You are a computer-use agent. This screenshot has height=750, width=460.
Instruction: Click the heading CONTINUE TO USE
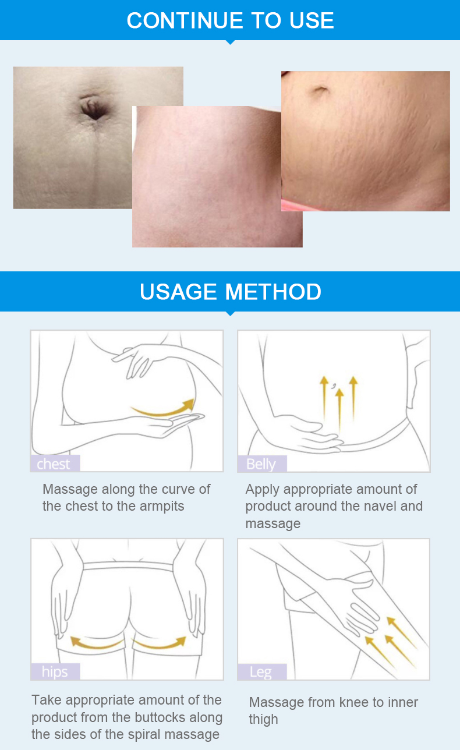click(x=230, y=20)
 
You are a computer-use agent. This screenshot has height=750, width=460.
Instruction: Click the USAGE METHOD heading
click(x=231, y=291)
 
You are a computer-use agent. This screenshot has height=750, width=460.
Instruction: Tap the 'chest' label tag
click(x=55, y=464)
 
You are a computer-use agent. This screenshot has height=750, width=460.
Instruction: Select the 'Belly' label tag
click(x=262, y=464)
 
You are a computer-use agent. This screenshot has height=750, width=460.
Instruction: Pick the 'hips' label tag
click(x=55, y=671)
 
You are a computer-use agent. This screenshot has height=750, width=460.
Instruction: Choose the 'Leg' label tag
click(x=262, y=671)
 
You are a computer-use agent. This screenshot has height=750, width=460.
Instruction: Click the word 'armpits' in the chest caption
click(x=162, y=507)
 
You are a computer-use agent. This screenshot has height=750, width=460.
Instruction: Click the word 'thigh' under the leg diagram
click(x=263, y=720)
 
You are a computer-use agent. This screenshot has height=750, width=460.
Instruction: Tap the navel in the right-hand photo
click(x=320, y=90)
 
